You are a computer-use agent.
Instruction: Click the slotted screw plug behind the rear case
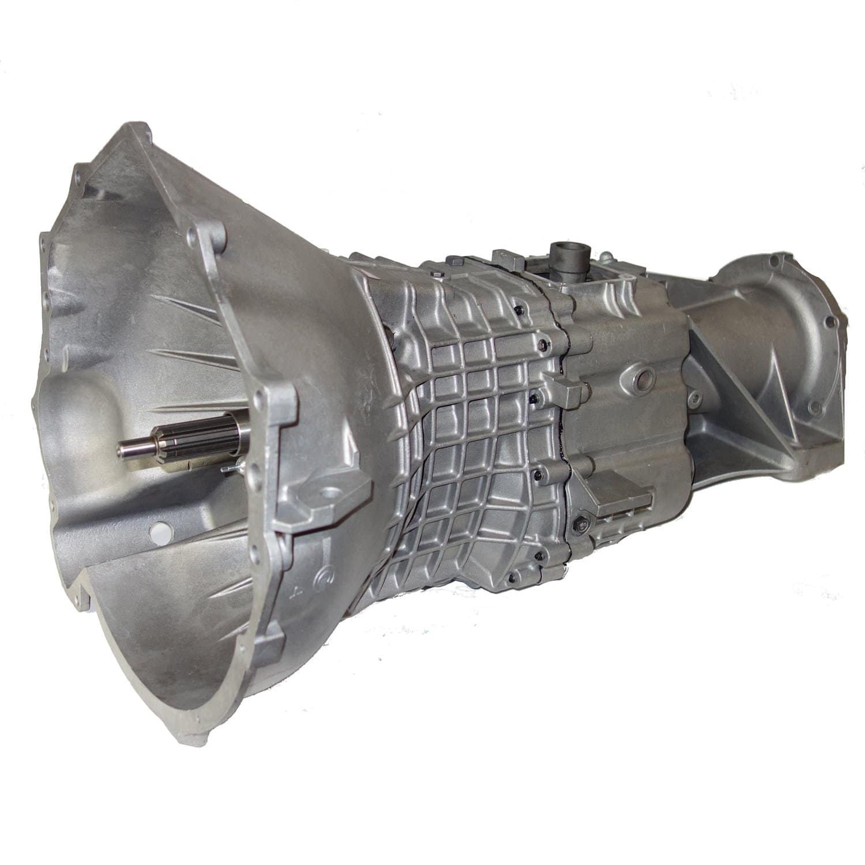[x=697, y=397]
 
